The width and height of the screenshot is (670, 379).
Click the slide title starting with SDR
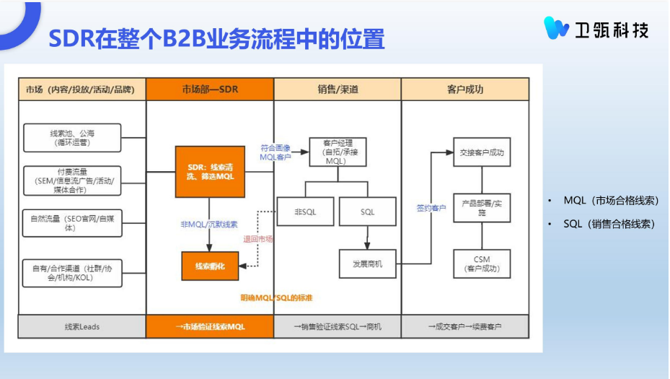coord(216,39)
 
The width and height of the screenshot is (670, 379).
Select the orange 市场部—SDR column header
coord(210,90)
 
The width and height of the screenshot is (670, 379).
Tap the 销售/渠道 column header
coord(338,90)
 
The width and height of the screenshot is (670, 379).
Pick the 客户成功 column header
coord(465,90)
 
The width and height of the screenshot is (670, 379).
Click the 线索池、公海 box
coord(72,138)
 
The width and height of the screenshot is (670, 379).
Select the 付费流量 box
coord(72,180)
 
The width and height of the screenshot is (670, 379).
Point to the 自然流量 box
coord(72,222)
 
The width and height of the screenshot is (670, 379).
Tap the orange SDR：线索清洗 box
coord(210,172)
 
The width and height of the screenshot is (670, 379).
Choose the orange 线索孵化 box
coord(210,266)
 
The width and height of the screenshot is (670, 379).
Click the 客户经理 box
coord(337,152)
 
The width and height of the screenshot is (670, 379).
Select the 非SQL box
coord(305,212)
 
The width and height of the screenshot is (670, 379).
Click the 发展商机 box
coord(368,264)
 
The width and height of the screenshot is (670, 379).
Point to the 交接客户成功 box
coord(482,152)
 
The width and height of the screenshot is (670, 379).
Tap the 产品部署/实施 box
coord(482,208)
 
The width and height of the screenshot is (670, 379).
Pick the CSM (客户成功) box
coord(482,264)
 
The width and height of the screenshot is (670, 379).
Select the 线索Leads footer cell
coord(81,326)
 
